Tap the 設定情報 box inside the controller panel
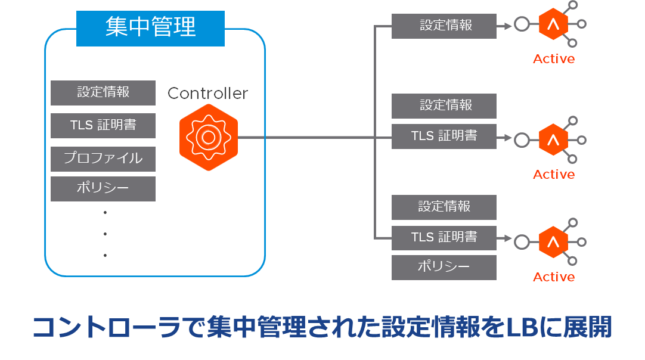click(103, 92)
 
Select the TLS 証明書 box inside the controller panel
click(103, 125)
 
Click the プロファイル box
click(103, 159)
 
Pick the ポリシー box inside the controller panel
click(103, 188)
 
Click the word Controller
click(207, 94)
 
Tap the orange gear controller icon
click(208, 136)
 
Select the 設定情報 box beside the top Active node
click(444, 26)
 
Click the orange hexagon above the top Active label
click(553, 24)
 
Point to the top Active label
click(554, 59)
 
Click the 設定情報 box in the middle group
click(444, 105)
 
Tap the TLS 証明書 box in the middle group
click(444, 136)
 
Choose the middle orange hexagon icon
click(553, 140)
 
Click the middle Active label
click(554, 175)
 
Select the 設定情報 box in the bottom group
click(444, 207)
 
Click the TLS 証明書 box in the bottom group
click(444, 237)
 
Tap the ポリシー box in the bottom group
click(444, 267)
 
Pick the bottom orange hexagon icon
click(553, 242)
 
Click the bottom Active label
click(554, 277)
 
